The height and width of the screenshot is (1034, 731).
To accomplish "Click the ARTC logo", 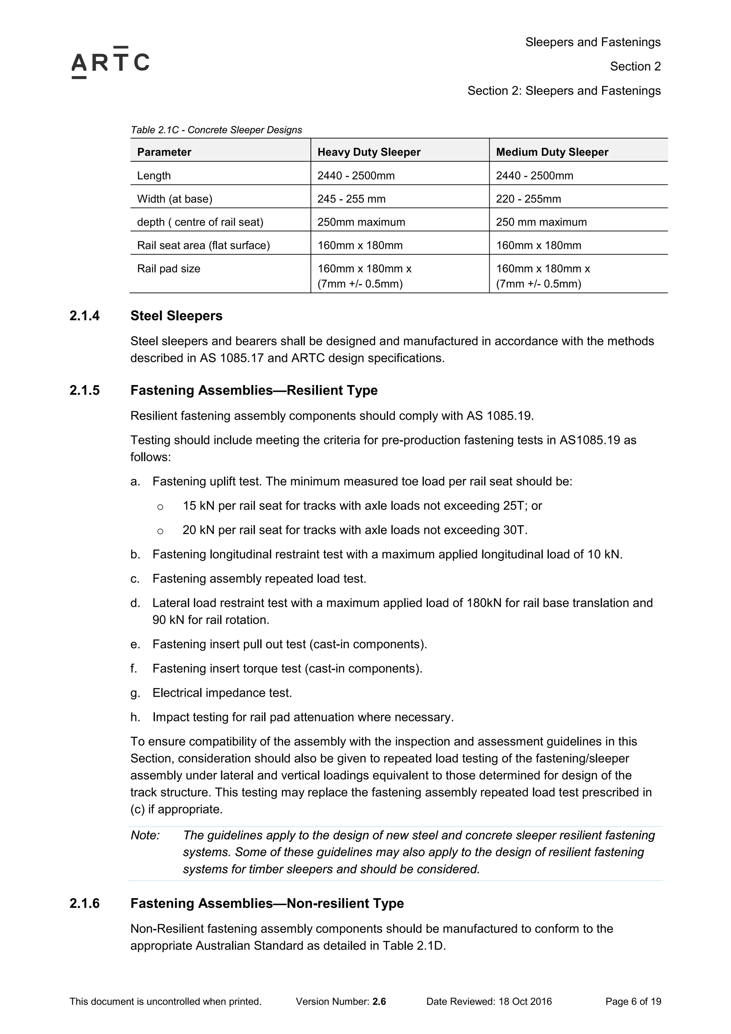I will (x=110, y=62).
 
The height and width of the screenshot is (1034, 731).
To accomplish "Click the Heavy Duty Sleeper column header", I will (x=368, y=152).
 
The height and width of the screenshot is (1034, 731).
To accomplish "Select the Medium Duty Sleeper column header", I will (x=552, y=152).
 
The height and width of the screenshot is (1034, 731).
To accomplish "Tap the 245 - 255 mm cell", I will (x=351, y=199).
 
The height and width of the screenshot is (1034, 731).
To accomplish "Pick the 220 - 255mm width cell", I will (x=528, y=199).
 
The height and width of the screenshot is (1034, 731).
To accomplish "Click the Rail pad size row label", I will (x=168, y=269).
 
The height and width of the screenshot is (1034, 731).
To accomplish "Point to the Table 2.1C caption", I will (x=216, y=130).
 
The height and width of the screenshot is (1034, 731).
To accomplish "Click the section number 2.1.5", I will (x=84, y=390).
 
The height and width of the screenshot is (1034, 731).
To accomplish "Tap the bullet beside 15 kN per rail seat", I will (x=160, y=507).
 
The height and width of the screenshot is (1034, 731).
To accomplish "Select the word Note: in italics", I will (x=145, y=836).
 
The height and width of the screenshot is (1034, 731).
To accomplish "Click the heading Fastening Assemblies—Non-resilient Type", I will (x=267, y=903).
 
